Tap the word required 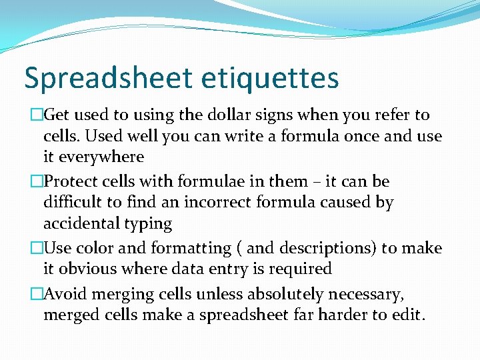299,269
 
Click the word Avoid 65,294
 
